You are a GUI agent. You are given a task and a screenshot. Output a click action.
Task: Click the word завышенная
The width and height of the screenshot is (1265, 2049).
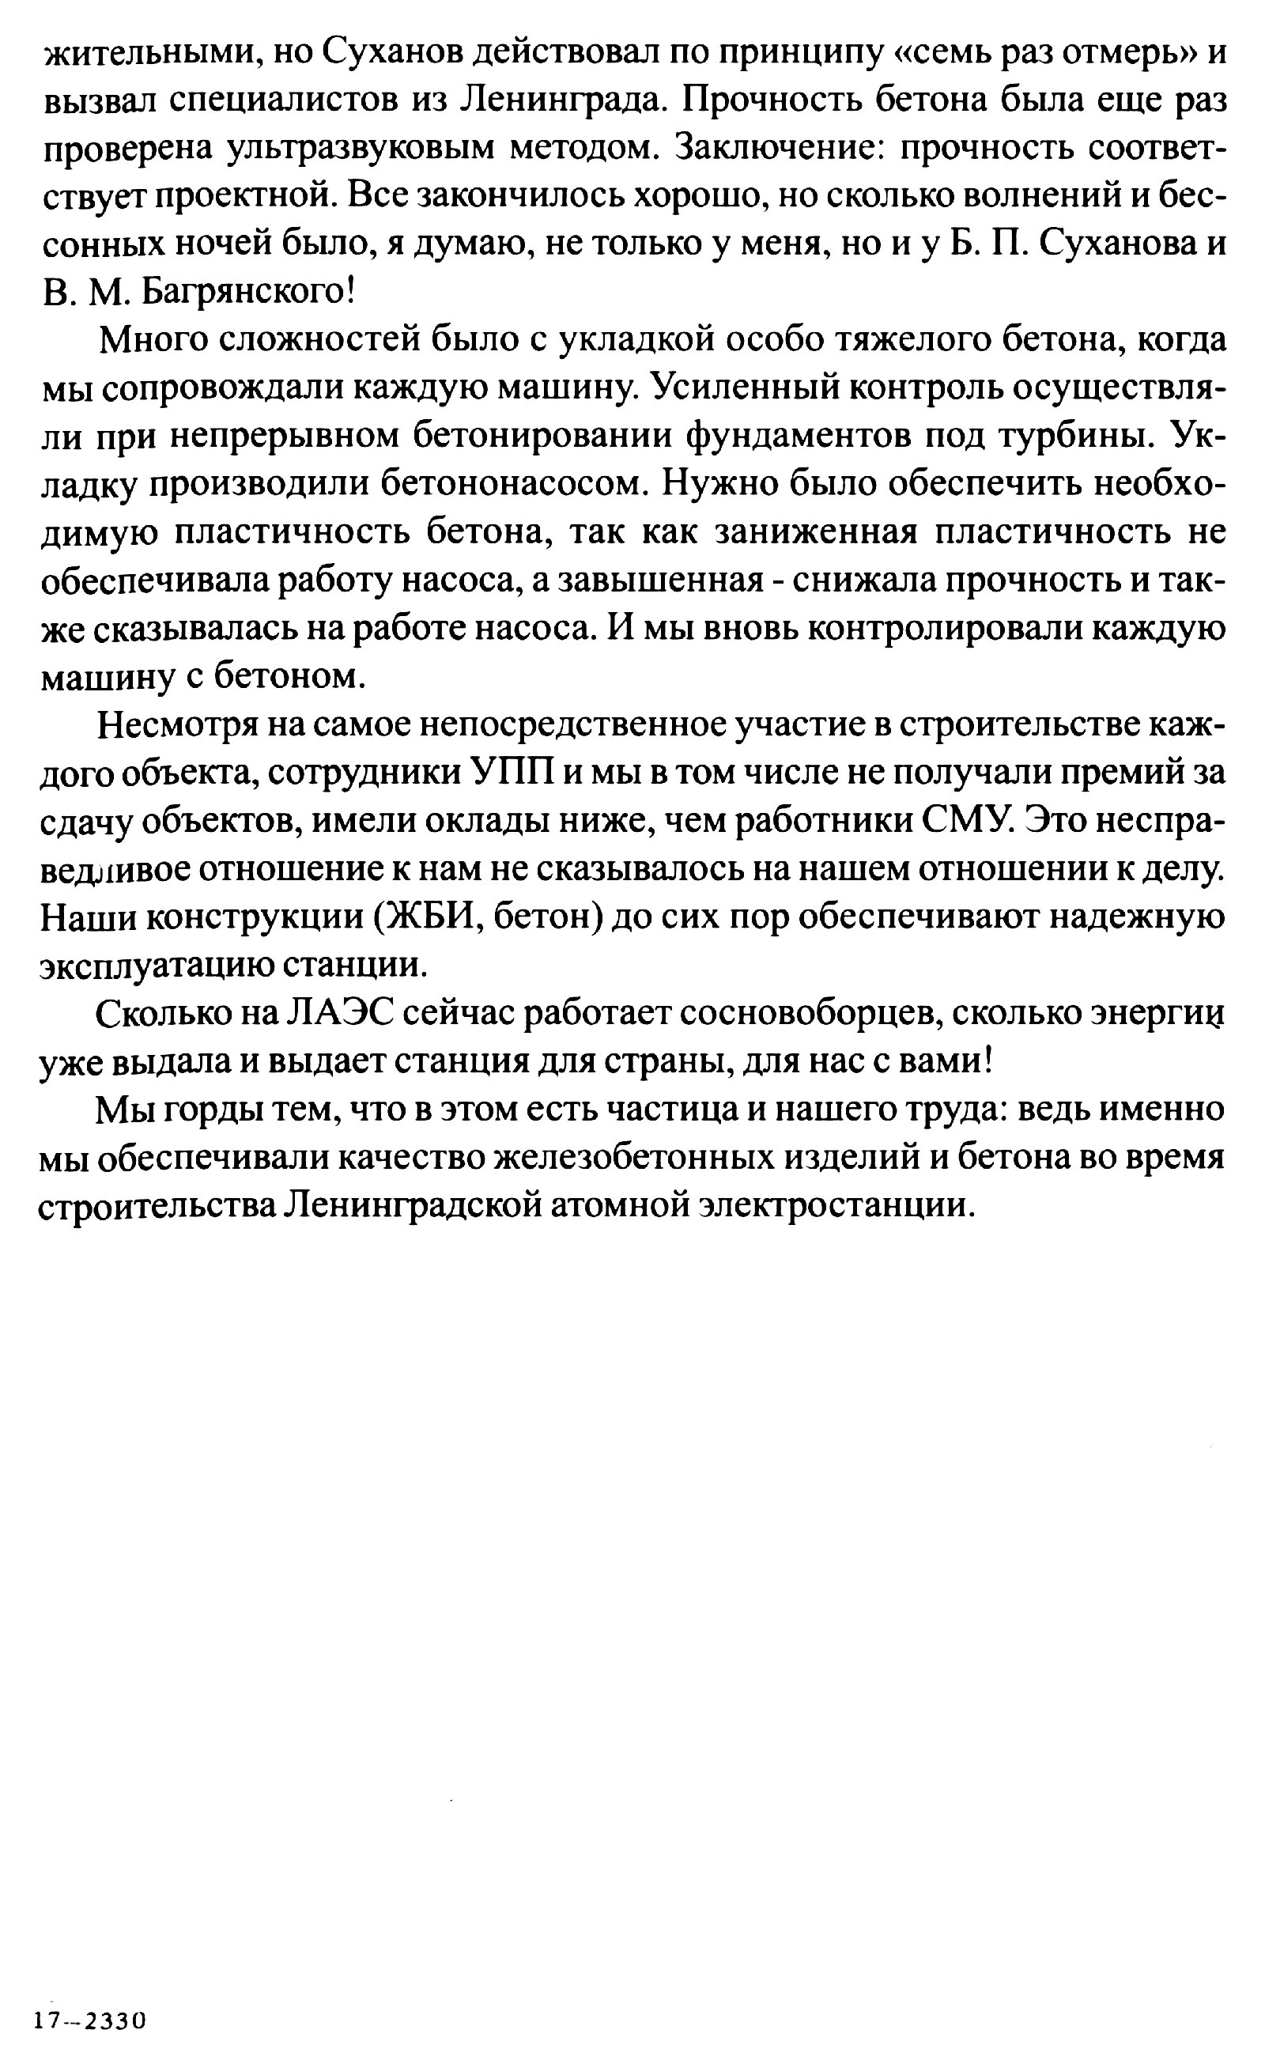pos(661,580)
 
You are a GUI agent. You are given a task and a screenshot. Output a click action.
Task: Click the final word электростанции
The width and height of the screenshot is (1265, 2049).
pos(836,1206)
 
